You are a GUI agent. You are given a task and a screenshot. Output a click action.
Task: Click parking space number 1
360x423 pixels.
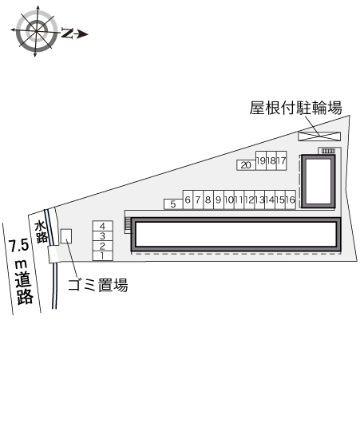[x=102, y=255]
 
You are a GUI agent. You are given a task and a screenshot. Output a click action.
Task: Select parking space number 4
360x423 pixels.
[x=102, y=226]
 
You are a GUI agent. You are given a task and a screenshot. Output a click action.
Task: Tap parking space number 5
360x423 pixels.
[x=173, y=204]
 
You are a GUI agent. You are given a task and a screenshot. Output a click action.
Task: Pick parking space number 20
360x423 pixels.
[x=246, y=165]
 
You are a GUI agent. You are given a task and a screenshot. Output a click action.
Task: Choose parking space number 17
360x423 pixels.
[x=282, y=160]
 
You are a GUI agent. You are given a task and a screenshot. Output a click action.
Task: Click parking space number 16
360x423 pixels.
[x=291, y=200]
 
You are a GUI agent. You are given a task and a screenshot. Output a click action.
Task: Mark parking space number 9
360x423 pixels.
[x=219, y=200]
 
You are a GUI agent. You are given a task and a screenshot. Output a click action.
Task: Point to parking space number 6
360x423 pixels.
[x=188, y=200]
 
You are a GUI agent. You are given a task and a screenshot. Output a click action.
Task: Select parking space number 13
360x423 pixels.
[x=259, y=200]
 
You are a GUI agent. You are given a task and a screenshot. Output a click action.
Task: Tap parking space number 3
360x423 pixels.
[x=102, y=236]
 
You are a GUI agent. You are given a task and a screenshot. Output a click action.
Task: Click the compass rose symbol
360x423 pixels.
[x=36, y=31]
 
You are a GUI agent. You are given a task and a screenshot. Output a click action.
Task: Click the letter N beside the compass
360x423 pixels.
[x=67, y=33]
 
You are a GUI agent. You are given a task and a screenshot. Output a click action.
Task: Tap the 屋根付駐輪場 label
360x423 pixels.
[x=295, y=108]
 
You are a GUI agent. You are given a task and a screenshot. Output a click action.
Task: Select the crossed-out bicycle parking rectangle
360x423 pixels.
[x=319, y=136]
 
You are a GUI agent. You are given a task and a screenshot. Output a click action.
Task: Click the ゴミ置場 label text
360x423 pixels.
[x=97, y=285]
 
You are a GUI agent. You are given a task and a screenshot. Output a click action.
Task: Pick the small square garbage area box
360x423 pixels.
[x=66, y=236]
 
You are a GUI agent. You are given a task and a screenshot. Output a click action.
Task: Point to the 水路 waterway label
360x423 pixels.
[x=42, y=231]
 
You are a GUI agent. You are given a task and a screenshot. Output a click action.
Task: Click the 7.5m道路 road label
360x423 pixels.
[x=22, y=271]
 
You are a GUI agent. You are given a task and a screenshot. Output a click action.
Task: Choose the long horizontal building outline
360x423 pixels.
[x=235, y=234]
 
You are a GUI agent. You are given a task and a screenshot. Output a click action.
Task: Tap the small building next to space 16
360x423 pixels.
[x=318, y=181]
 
